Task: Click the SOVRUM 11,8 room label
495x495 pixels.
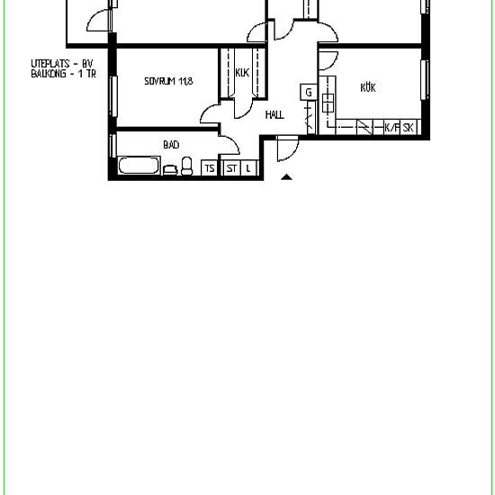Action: coord(168,81)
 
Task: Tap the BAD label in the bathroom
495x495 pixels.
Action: coord(171,145)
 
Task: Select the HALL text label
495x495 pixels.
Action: coord(274,114)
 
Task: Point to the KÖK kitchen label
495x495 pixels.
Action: coord(368,87)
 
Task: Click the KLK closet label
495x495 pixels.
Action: coord(242,73)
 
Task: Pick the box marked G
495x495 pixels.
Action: coord(309,92)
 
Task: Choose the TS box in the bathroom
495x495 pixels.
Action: coord(210,168)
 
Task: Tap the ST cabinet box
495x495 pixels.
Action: coord(232,168)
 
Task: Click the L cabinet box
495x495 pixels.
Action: coord(249,168)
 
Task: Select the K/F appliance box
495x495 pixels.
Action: coord(392,127)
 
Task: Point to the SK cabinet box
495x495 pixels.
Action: coord(409,127)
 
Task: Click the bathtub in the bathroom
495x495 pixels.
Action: coord(139,165)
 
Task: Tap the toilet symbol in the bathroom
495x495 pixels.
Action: coord(187,166)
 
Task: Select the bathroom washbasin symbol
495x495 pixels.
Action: coord(170,170)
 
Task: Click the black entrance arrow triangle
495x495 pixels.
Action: coord(286,176)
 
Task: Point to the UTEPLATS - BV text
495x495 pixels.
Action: coord(62,64)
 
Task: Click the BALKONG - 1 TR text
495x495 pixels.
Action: coord(64,74)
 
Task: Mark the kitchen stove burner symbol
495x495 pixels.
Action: coord(328,103)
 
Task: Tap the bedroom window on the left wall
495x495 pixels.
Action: coord(113,96)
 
